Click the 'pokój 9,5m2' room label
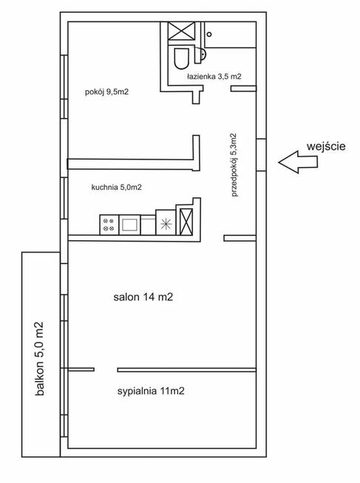click(x=106, y=92)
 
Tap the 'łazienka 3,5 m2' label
click(x=214, y=77)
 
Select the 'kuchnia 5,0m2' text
click(x=117, y=187)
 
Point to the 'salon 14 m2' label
click(x=143, y=297)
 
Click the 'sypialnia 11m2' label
click(x=151, y=391)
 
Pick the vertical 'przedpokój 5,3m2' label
click(x=234, y=165)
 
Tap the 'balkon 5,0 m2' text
click(x=40, y=359)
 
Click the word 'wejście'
click(x=326, y=147)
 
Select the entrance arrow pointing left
click(x=298, y=162)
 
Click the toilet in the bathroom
click(x=181, y=58)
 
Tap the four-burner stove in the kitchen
click(x=109, y=225)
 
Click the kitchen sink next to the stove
click(x=129, y=225)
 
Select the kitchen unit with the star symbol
click(x=166, y=223)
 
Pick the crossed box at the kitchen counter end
click(x=186, y=222)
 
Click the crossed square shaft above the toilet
click(x=182, y=31)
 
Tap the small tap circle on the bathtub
click(x=209, y=35)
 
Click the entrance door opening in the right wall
click(x=262, y=154)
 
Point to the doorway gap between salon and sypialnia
click(x=106, y=370)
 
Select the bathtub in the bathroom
click(x=231, y=35)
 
